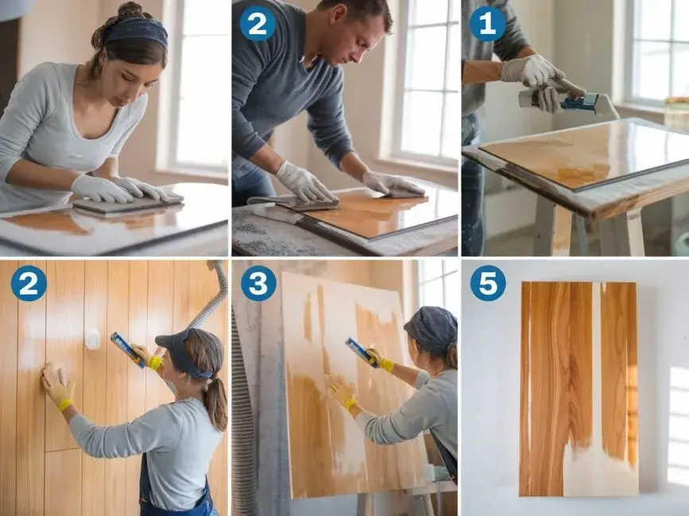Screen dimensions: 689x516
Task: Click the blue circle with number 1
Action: point(488,24)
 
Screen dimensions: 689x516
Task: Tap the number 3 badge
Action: point(258,283)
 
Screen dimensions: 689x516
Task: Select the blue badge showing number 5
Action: point(488,283)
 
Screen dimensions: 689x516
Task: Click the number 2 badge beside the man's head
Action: point(257,24)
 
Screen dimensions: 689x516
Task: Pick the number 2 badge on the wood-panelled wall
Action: point(29,283)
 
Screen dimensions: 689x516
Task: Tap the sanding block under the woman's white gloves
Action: point(127,205)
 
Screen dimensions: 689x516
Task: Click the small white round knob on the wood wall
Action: point(93,339)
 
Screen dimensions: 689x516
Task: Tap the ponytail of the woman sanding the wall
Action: point(216,402)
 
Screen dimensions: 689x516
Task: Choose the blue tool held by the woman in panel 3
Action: point(362,352)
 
